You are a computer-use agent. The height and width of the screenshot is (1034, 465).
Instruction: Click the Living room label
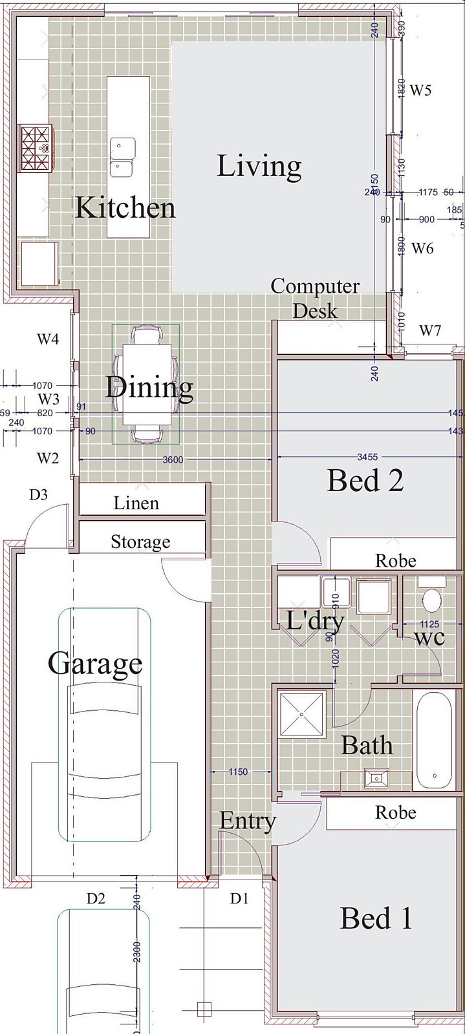click(x=259, y=166)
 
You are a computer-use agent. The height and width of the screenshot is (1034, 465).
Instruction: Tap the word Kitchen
click(x=125, y=208)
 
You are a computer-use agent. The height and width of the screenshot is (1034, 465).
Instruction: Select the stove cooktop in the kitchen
click(x=36, y=148)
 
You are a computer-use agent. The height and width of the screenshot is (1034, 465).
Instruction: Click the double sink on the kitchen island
click(x=122, y=157)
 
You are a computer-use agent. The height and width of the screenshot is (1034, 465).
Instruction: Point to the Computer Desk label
click(x=315, y=298)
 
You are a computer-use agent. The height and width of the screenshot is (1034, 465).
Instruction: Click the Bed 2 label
click(x=365, y=480)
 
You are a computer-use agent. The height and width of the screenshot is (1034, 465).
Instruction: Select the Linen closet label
click(x=136, y=503)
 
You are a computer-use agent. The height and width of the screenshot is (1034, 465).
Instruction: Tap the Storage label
click(x=140, y=542)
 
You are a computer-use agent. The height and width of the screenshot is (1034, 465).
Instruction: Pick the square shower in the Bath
click(x=301, y=714)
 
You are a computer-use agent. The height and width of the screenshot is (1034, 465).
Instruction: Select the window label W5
click(x=420, y=90)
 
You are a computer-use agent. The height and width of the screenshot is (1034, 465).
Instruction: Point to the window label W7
click(x=430, y=331)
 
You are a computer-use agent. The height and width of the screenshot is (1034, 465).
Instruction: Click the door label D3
click(x=39, y=495)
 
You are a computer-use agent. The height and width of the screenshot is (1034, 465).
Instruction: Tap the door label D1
click(x=239, y=898)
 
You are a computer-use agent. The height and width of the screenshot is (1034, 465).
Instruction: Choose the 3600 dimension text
click(x=173, y=459)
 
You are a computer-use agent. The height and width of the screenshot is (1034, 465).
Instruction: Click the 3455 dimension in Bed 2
click(x=367, y=457)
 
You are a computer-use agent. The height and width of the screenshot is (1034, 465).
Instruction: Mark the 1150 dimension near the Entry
click(x=238, y=772)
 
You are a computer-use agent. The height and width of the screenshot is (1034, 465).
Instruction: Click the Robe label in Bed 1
click(x=395, y=812)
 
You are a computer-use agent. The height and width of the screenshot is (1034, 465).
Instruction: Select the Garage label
click(x=95, y=664)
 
